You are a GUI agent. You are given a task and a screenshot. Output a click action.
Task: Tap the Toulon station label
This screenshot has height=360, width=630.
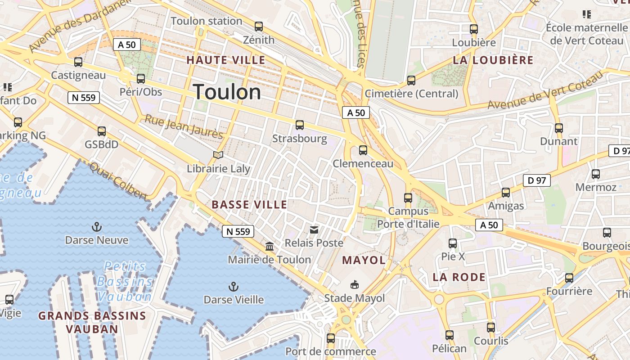click(x=207, y=21)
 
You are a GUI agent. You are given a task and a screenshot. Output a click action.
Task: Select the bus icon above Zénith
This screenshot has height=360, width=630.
click(x=259, y=27)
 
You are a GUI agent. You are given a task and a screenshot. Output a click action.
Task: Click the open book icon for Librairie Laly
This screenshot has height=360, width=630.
click(x=218, y=155)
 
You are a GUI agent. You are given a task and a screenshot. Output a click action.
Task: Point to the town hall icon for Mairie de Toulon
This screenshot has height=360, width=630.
click(x=270, y=246)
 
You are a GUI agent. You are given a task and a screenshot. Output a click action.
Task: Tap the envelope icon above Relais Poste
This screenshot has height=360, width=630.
click(x=314, y=230)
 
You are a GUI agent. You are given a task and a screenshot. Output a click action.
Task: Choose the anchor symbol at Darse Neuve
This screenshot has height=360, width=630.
click(x=96, y=226)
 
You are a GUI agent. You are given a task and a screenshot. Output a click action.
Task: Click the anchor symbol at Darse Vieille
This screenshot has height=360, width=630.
click(x=233, y=286)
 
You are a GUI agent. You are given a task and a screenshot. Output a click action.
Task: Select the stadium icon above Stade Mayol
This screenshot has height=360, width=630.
click(x=355, y=284)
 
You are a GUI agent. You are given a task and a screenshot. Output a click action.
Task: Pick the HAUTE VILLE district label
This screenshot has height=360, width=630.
click(x=226, y=60)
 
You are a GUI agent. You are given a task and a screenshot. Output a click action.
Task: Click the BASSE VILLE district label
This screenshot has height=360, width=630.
click(x=249, y=205)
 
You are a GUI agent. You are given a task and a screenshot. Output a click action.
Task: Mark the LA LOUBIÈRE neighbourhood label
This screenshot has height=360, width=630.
click(x=493, y=60)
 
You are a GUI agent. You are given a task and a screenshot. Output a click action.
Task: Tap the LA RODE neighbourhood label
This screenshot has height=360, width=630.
click(x=459, y=277)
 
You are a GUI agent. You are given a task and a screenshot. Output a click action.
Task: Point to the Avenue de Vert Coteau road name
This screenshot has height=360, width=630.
click(x=545, y=91)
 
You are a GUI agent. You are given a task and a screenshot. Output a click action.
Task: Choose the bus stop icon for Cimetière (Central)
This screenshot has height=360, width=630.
click(x=411, y=81)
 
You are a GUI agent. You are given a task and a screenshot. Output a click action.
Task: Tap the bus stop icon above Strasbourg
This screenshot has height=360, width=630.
click(x=300, y=125)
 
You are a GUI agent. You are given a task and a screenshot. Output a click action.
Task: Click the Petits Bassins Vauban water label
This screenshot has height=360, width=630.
click(x=125, y=281)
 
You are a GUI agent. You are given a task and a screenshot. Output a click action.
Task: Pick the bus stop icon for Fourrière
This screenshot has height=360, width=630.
click(x=569, y=278)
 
